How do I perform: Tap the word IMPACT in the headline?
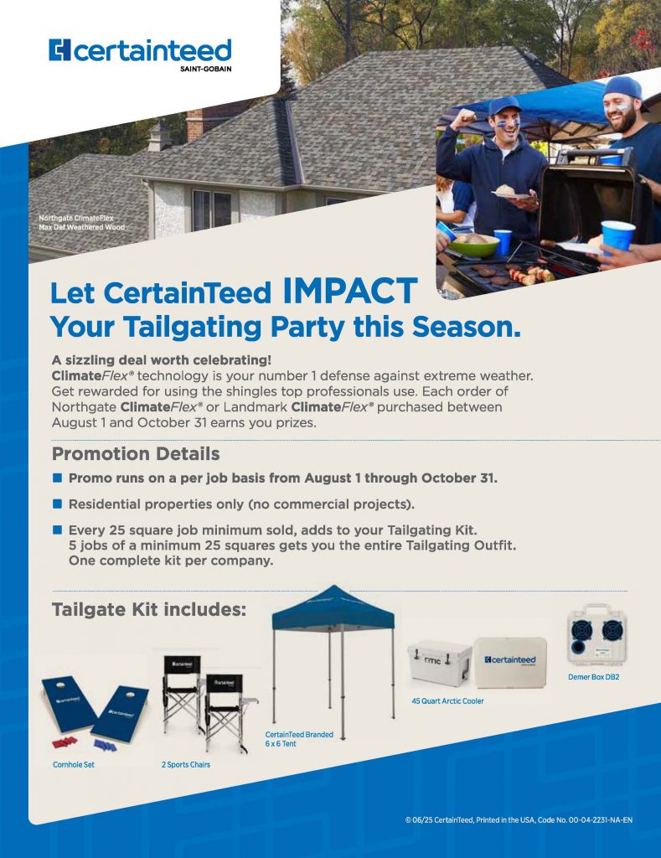point(351,291)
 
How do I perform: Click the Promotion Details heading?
point(136,453)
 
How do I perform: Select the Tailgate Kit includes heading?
point(149,610)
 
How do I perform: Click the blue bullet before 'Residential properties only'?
point(58,504)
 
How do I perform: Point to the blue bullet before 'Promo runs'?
point(58,478)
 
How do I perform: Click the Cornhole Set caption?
point(74,764)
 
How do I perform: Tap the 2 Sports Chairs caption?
point(185,764)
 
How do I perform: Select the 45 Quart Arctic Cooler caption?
point(447,701)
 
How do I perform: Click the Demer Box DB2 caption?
point(594,677)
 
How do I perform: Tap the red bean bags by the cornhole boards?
point(64,742)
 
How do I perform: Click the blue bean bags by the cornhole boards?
point(105,745)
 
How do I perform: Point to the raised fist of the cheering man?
point(466,117)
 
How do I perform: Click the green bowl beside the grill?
point(473,246)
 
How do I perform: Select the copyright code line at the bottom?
point(519,819)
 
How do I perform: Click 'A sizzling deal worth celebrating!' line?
point(162,360)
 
